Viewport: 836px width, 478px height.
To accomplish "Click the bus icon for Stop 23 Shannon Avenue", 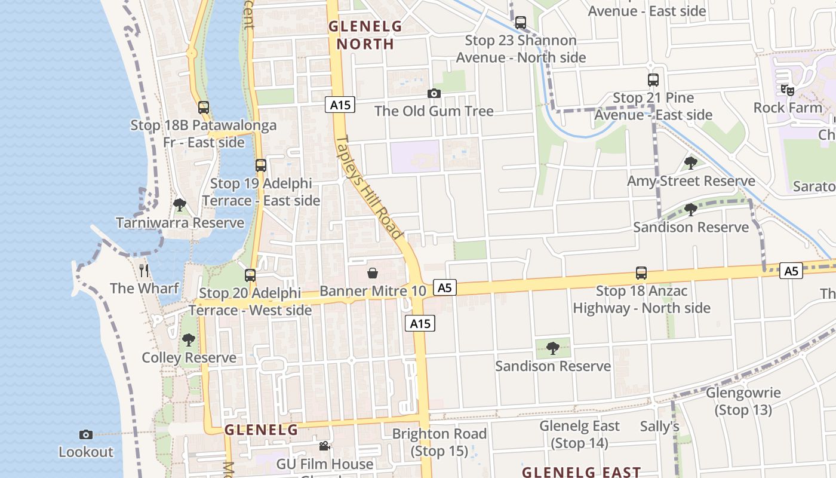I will [x=521, y=23].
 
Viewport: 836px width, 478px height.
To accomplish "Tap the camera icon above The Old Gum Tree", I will [x=434, y=93].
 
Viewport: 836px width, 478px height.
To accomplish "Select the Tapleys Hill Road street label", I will [x=368, y=187].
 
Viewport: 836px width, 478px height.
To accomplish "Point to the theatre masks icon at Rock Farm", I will [x=788, y=90].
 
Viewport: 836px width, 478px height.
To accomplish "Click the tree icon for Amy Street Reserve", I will [x=691, y=163].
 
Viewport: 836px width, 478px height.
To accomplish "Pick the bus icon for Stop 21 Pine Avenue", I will [x=653, y=80].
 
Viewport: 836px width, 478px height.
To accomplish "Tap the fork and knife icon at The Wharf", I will [x=144, y=271].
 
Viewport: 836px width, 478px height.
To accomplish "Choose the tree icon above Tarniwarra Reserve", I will [x=180, y=205].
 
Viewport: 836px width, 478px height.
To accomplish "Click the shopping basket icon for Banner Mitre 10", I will [x=373, y=274].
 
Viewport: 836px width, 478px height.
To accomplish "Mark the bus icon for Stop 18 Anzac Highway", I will [x=641, y=273].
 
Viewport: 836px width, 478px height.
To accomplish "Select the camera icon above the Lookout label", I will [x=86, y=434].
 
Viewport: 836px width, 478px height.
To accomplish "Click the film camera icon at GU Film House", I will [x=324, y=446].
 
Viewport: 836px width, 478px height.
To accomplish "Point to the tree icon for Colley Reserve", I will [x=189, y=340].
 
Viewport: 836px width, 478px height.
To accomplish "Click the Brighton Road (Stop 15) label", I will [x=439, y=442].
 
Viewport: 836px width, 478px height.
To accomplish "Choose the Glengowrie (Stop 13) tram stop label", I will [x=743, y=401].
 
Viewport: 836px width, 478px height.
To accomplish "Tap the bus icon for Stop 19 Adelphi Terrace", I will [x=261, y=166].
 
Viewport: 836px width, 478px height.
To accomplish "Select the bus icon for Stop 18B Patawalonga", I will [x=204, y=108].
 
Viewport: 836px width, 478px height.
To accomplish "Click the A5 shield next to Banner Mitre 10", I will [x=445, y=288].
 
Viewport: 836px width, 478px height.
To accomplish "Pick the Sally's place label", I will [x=659, y=426].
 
